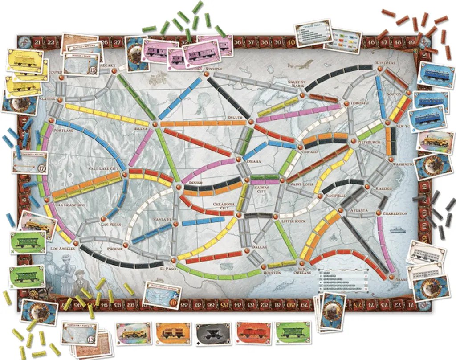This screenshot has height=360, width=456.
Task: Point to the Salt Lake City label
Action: coord(105,168)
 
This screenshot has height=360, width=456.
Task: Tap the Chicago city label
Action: coord(310,152)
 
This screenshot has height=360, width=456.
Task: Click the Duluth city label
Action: coord(235,118)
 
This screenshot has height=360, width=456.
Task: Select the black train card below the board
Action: coord(212,333)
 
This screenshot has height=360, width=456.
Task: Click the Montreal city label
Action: coord(385,63)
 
